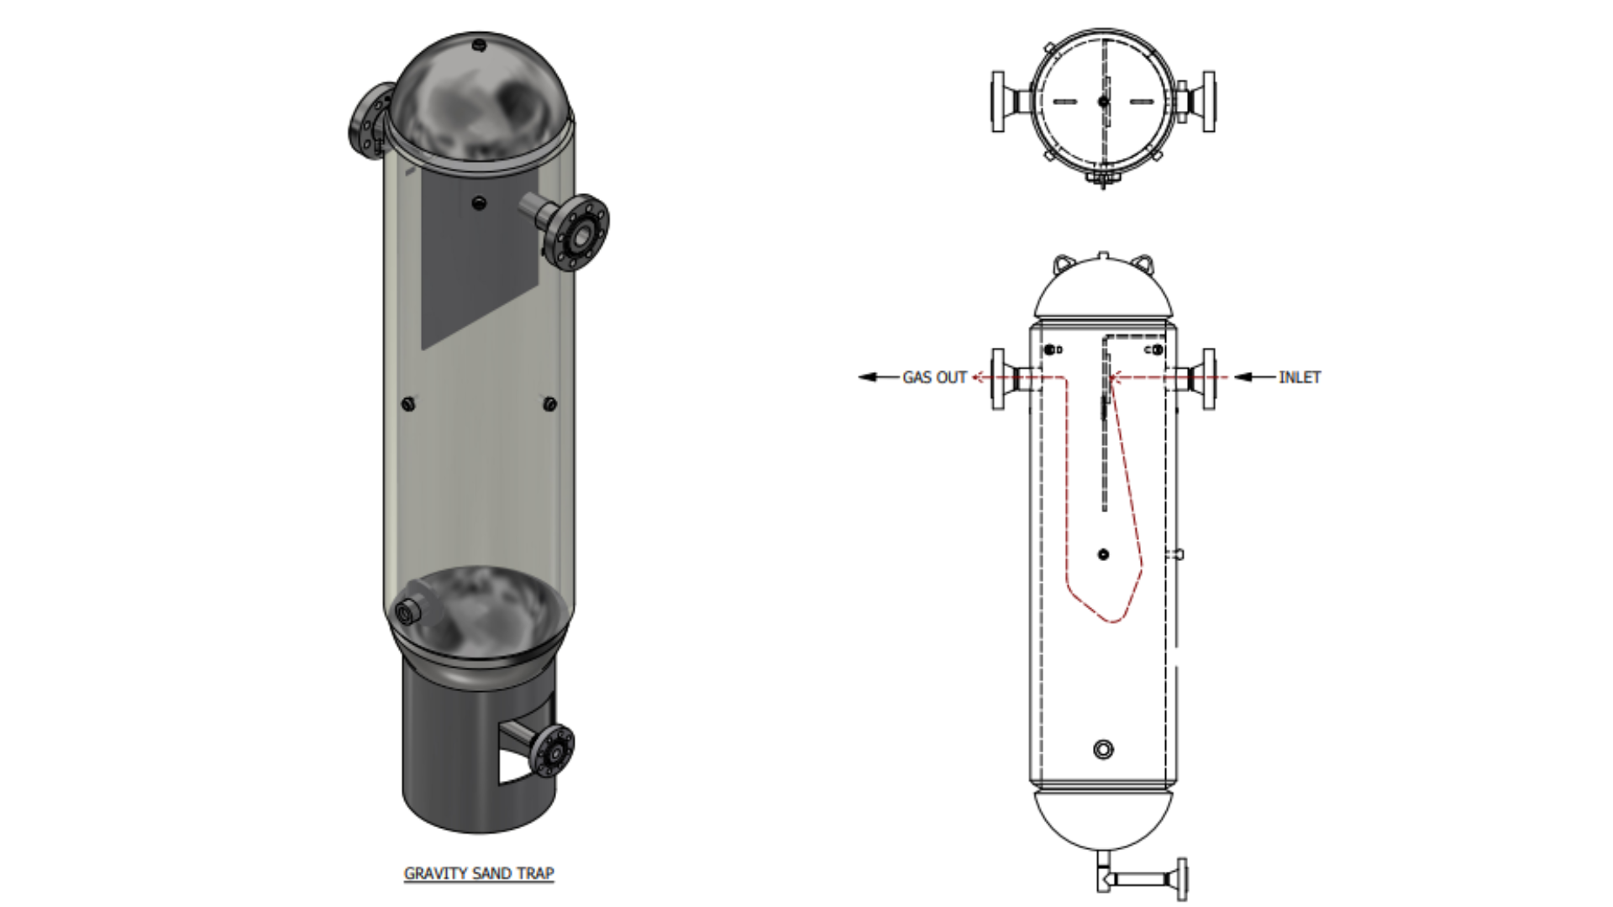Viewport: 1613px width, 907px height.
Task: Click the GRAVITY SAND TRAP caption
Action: pos(479,873)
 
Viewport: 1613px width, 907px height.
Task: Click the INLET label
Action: pos(1299,378)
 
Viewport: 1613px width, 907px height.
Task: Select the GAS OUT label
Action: pos(934,378)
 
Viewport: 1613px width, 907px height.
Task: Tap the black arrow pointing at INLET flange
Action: pos(1254,377)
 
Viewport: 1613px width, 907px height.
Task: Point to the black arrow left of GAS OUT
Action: pos(878,377)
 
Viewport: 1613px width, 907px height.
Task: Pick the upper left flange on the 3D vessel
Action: pos(370,121)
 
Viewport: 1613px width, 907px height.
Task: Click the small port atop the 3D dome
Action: pos(479,44)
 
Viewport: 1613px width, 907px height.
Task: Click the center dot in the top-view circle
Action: pos(1103,102)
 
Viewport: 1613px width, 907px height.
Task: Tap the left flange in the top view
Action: pos(999,102)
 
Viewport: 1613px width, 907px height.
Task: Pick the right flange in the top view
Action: pos(1208,102)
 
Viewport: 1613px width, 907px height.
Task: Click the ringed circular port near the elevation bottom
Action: pos(1103,749)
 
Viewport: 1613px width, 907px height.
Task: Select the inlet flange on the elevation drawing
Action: pos(1207,379)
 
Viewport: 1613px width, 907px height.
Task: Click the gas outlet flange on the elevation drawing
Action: pos(999,379)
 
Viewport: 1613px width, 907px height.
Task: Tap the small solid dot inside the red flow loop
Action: pos(1103,554)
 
